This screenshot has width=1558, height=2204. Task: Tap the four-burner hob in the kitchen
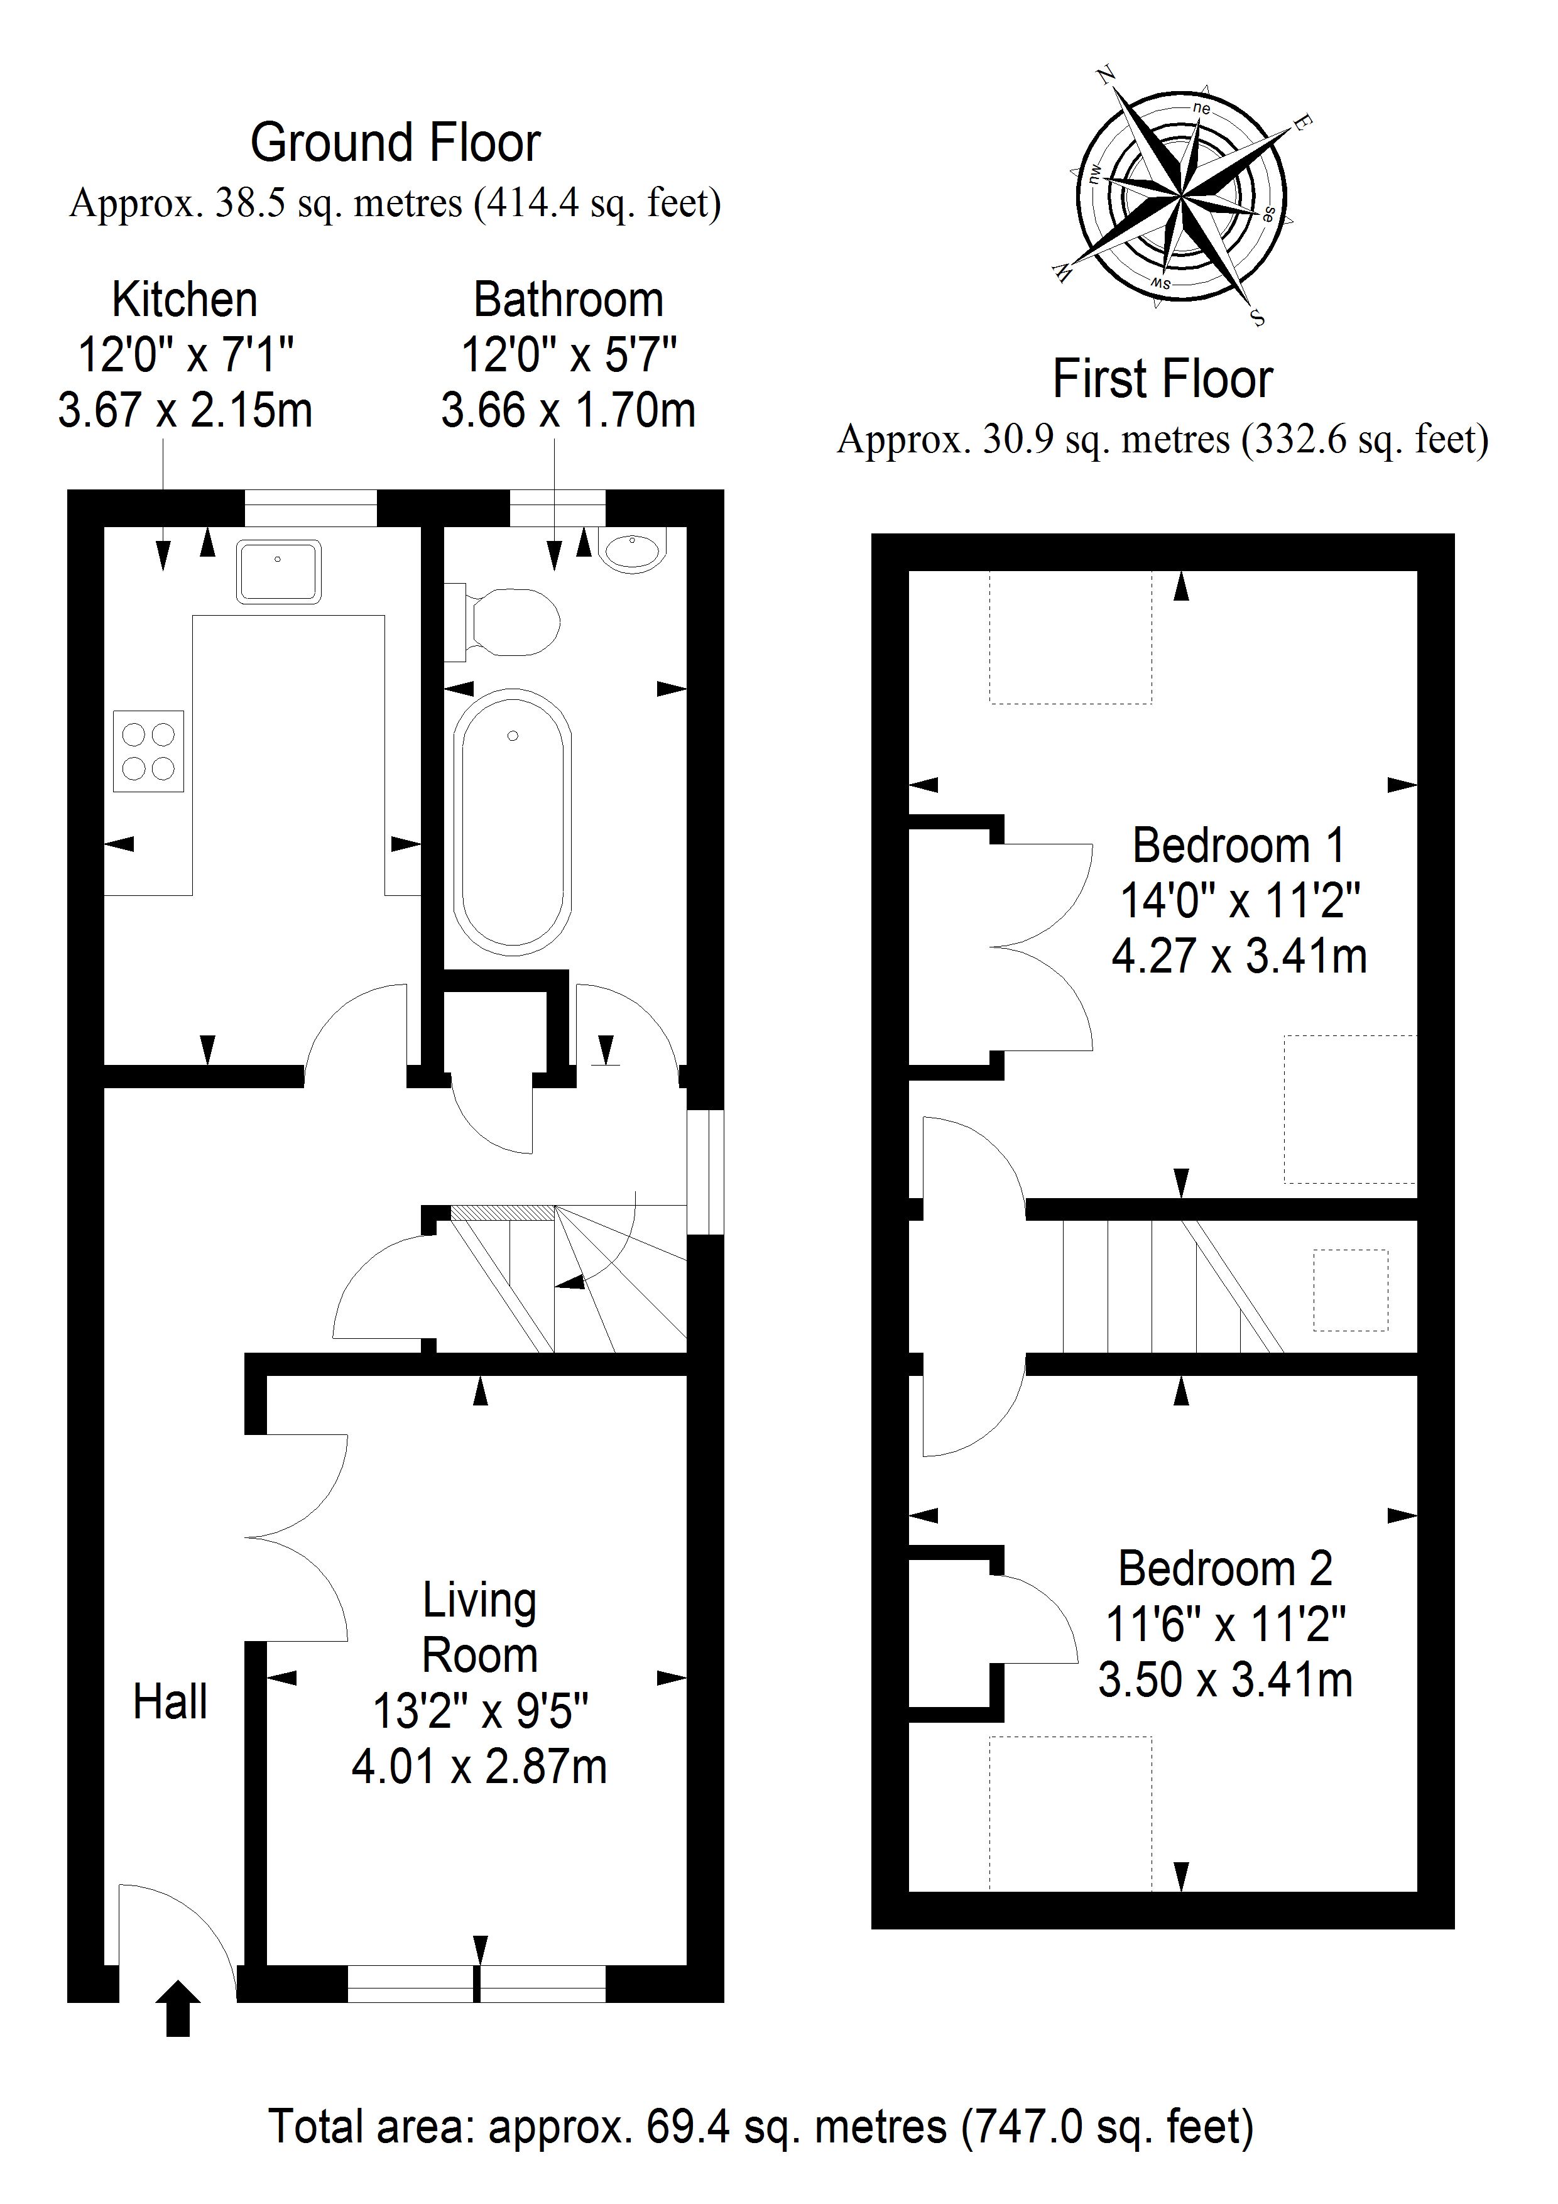[x=149, y=751]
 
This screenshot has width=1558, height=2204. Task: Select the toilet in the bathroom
[x=502, y=622]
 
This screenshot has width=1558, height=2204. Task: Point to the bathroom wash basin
[x=631, y=550]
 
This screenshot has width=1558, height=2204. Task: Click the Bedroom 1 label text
[x=1238, y=845]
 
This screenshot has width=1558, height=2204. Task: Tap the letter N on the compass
[x=1106, y=75]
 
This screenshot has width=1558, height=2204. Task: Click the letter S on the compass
[x=1258, y=319]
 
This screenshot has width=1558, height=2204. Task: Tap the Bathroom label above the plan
[x=569, y=300]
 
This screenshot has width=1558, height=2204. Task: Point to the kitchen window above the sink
[x=310, y=509]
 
